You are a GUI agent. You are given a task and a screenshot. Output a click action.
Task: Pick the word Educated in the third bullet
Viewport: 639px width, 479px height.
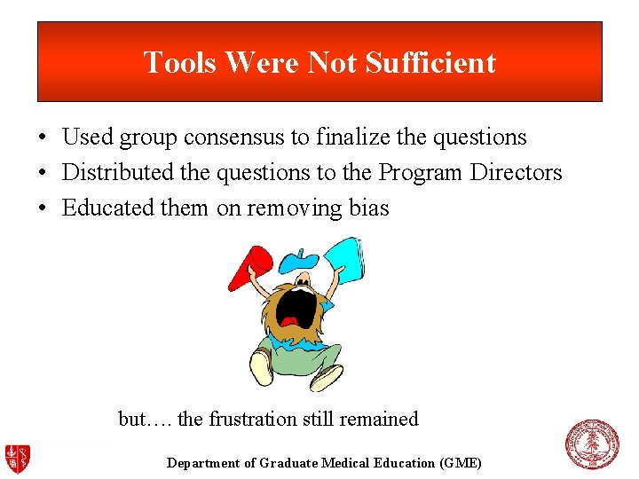click(97, 208)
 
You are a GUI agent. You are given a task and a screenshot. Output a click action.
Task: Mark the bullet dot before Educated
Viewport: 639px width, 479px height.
click(42, 208)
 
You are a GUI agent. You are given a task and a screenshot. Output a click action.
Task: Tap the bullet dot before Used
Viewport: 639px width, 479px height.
click(42, 138)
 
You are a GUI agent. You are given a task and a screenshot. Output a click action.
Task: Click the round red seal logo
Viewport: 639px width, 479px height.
click(591, 444)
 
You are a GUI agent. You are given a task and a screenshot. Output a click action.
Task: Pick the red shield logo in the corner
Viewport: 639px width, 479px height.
click(18, 458)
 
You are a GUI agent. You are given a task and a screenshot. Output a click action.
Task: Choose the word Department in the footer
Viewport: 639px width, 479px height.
click(203, 463)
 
